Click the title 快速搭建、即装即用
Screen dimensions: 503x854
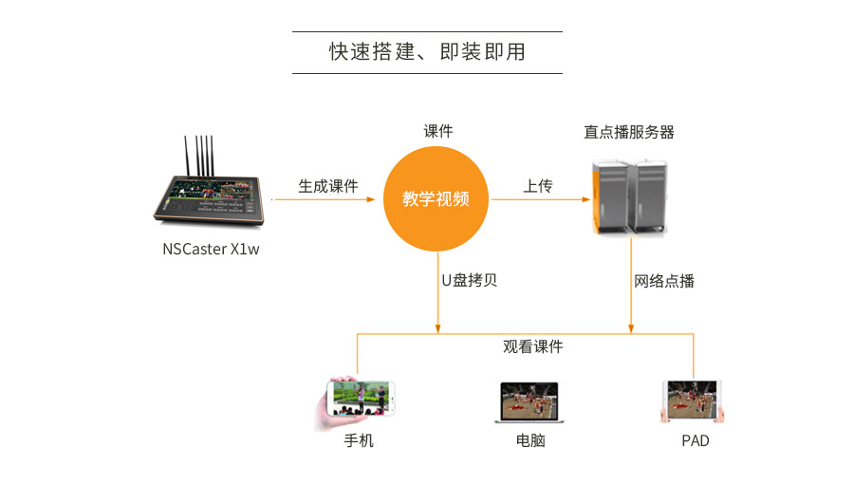coord(426,52)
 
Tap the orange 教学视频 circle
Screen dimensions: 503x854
coord(436,199)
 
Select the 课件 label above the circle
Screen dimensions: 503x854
coord(437,132)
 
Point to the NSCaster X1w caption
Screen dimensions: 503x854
coord(210,251)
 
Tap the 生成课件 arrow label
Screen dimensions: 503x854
coord(328,186)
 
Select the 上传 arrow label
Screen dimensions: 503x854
coord(537,186)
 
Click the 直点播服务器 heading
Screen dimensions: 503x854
coord(629,132)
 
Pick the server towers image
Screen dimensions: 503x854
coord(629,196)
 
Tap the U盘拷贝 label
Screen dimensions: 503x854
coord(469,280)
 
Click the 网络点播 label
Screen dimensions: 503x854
coord(664,280)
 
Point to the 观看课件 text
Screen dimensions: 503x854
coord(532,347)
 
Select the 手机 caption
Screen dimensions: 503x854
coord(359,440)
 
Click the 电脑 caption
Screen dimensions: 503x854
coord(530,440)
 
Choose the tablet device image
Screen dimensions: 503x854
coord(692,401)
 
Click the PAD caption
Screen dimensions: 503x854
coord(695,440)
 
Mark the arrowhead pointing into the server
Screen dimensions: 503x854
coord(584,199)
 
